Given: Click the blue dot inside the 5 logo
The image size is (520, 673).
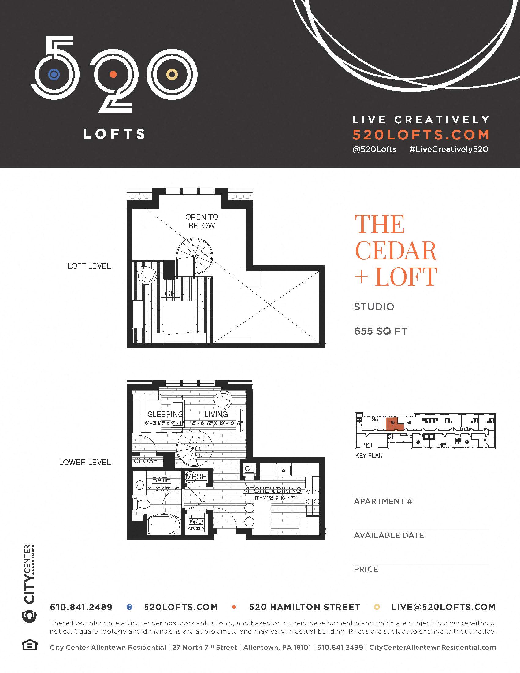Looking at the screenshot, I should pos(54,74).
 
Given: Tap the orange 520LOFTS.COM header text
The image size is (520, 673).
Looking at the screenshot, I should pos(421,135).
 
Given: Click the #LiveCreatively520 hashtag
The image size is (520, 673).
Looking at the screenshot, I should pos(449,150).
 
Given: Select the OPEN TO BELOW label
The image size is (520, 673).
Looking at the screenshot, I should pos(202,221).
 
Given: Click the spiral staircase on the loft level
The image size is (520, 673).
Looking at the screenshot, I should pos(194,256).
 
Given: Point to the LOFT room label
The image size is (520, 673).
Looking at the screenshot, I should pos(170,293).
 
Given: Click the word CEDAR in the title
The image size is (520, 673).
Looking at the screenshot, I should pos(396,251).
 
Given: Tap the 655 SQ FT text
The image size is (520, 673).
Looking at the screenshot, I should pos(381,331).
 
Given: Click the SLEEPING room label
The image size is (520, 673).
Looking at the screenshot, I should pos(165,414).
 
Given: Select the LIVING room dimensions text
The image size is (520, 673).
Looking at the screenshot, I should pos(217,423).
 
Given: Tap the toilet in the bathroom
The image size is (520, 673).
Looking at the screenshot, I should pos(141,504).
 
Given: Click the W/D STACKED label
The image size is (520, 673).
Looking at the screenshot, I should pos(196,524).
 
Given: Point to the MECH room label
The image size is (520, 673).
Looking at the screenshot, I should pos(196,477).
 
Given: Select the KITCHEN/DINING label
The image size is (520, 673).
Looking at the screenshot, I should pos(272,490).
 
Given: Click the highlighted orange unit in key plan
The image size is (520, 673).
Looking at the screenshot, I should pos(394,425).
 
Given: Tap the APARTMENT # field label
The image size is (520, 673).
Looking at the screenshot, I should pos(383,501).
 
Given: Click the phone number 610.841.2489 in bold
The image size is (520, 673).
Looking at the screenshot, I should pos(81,607).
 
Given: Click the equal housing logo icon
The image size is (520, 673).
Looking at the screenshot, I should pos(30,645).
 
